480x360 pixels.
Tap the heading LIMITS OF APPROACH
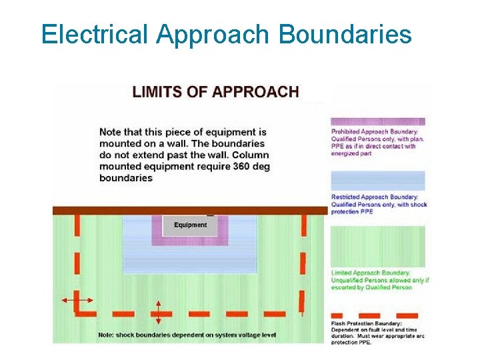215,91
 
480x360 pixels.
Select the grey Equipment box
191,225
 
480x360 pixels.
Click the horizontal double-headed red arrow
77,301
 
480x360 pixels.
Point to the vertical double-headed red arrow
159,312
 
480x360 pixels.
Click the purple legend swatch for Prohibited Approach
378,122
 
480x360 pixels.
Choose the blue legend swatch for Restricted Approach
378,181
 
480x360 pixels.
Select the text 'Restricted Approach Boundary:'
375,197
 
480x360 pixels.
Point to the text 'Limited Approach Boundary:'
370,273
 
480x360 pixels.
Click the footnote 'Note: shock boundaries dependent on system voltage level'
187,335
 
